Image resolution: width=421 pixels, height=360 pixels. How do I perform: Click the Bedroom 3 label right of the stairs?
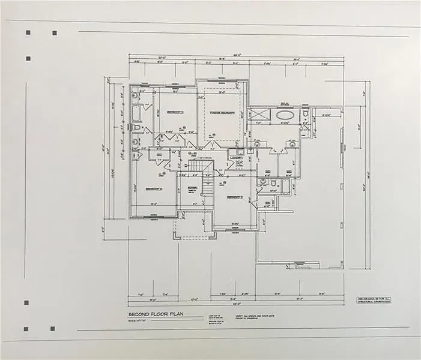(x=235, y=197)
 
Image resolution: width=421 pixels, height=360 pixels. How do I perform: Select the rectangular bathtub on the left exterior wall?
(x=136, y=112)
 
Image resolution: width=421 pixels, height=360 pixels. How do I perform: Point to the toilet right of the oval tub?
(x=305, y=114)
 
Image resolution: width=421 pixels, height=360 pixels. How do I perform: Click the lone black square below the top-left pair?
(x=28, y=59)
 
